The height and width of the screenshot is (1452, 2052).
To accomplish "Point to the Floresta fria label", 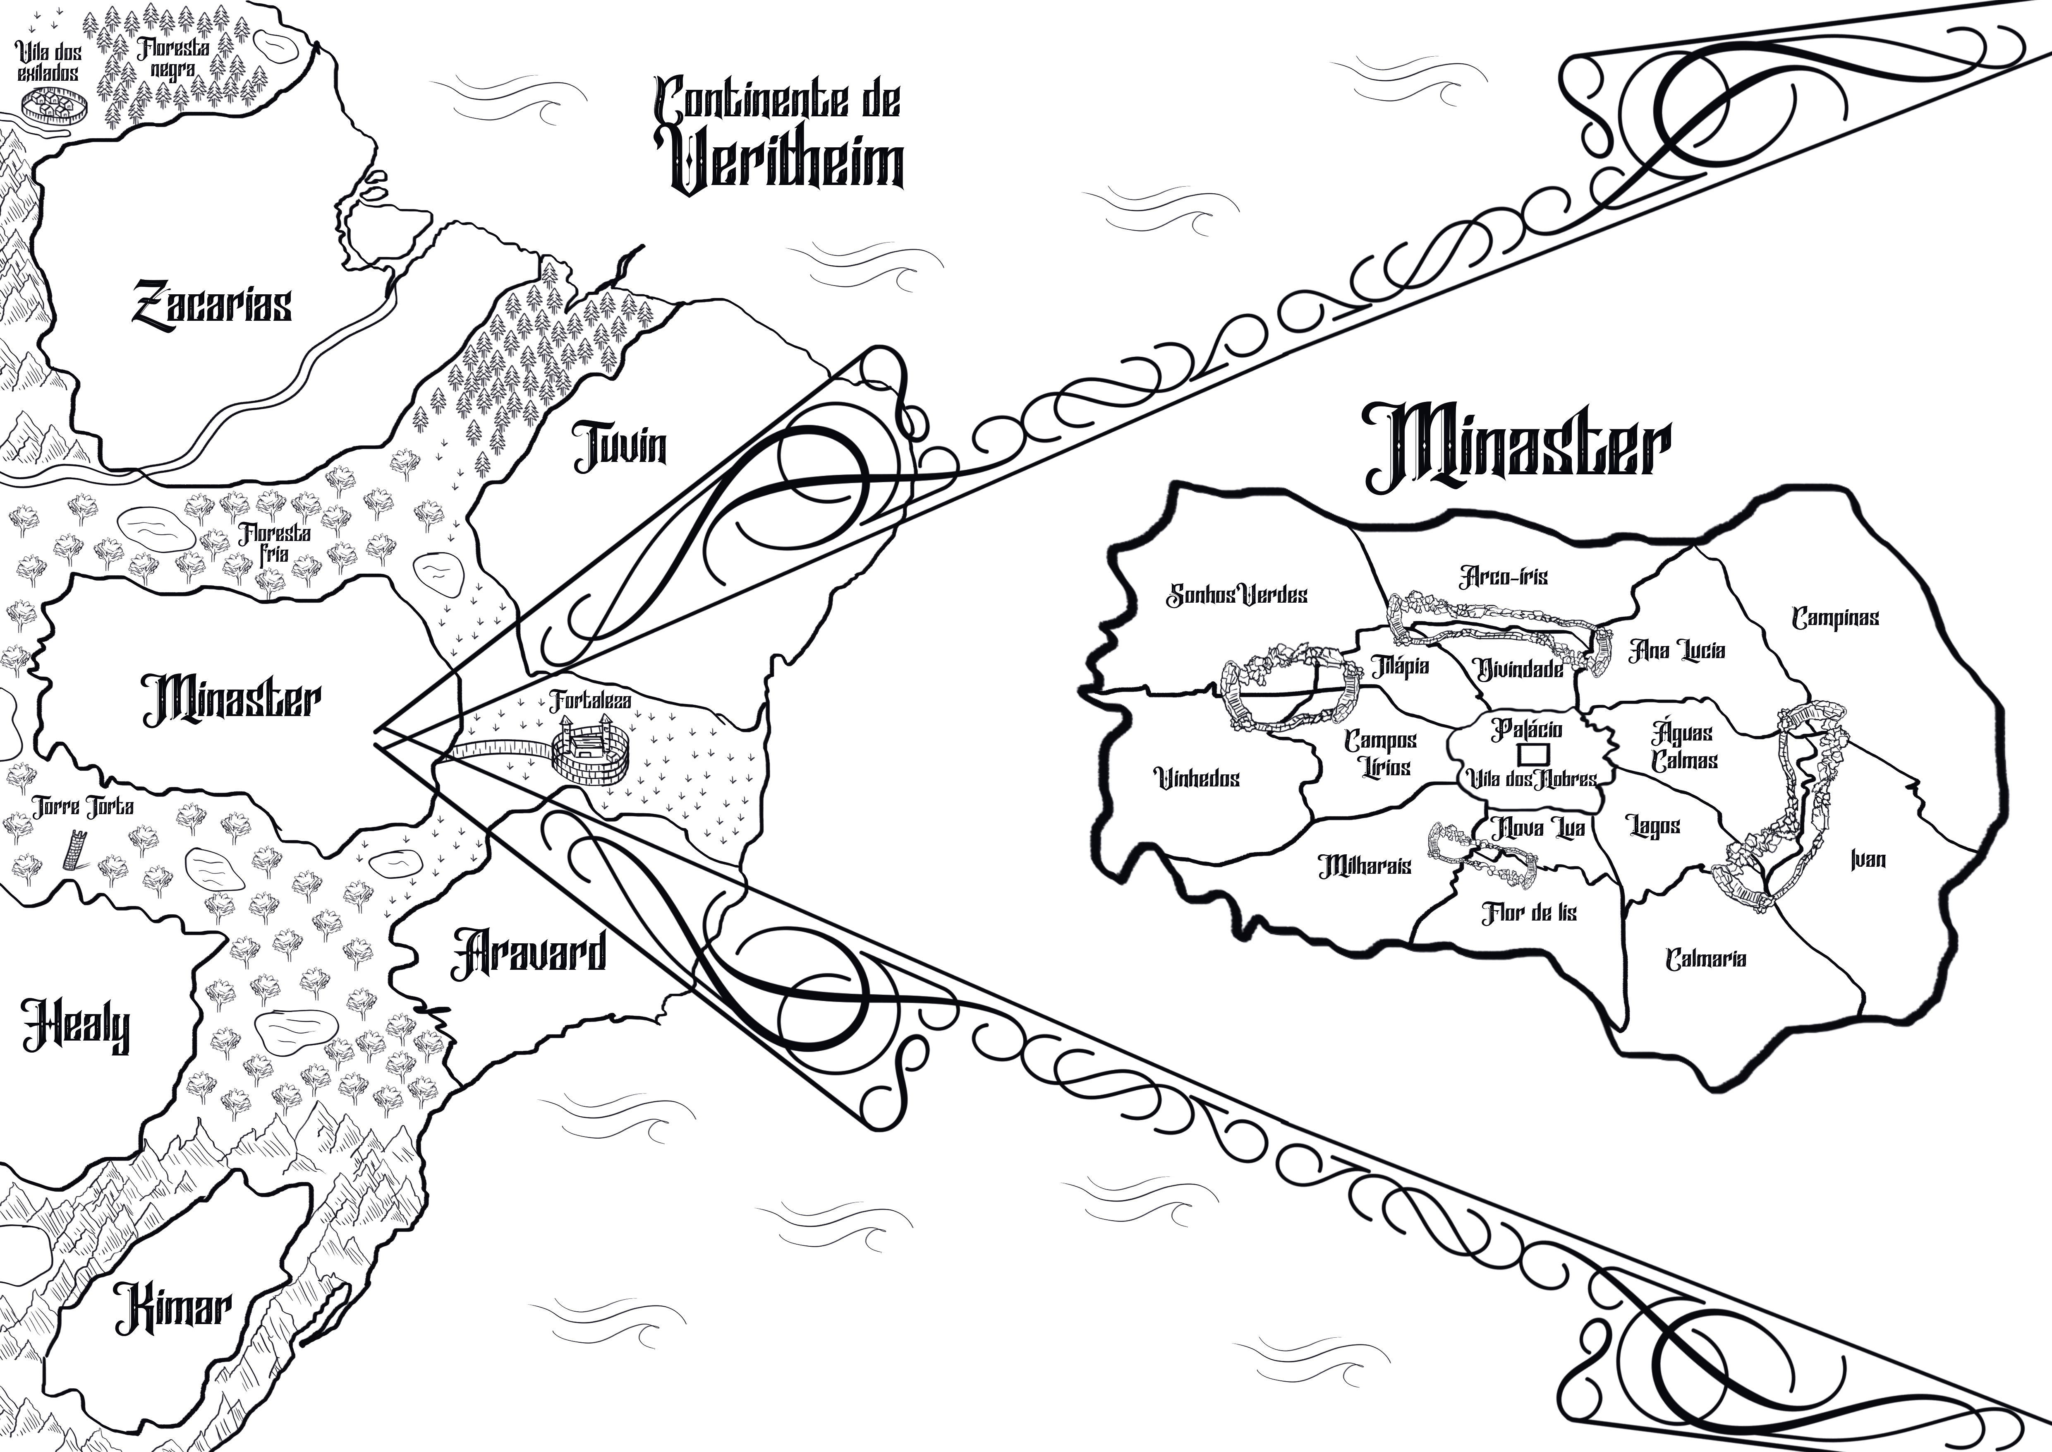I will tap(274, 543).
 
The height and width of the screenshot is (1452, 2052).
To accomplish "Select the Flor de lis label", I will tap(1529, 913).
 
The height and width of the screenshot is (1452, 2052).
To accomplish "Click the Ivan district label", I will tap(1868, 859).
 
